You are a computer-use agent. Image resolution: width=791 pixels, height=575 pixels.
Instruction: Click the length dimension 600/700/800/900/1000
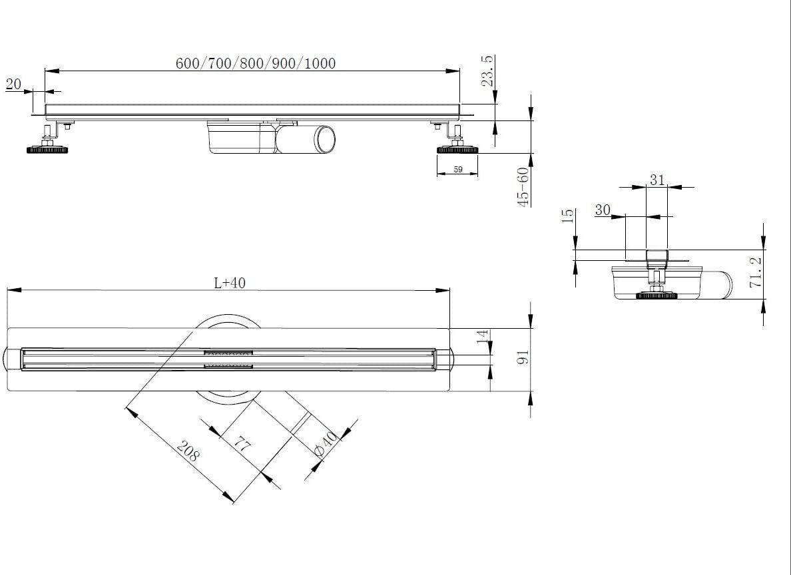(x=256, y=63)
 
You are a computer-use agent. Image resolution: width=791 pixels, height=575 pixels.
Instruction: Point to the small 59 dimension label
(x=457, y=170)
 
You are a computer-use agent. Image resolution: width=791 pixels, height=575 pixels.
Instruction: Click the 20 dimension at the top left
(x=13, y=84)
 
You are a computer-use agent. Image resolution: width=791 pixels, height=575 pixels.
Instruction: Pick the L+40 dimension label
(x=230, y=282)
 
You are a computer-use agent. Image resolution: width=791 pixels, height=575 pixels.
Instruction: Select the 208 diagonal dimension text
(x=188, y=455)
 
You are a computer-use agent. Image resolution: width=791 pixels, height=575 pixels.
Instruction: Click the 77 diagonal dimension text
(x=242, y=444)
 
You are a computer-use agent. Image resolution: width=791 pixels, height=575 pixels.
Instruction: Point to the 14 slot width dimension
(x=483, y=337)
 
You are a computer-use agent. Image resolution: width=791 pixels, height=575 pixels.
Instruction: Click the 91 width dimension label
(x=523, y=357)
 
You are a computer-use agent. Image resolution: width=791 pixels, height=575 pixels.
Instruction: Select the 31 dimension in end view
(x=657, y=180)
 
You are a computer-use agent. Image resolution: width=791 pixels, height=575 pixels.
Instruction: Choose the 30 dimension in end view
(x=603, y=210)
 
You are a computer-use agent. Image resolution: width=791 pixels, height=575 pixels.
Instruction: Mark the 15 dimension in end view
(x=568, y=216)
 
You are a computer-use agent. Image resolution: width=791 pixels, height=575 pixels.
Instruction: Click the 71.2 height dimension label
(x=755, y=274)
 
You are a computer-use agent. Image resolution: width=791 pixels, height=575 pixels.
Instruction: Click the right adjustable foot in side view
(x=457, y=148)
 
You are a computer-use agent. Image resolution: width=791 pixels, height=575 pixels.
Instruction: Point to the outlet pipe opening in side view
(x=325, y=138)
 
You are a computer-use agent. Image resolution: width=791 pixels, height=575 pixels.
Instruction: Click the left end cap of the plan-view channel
(x=14, y=360)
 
